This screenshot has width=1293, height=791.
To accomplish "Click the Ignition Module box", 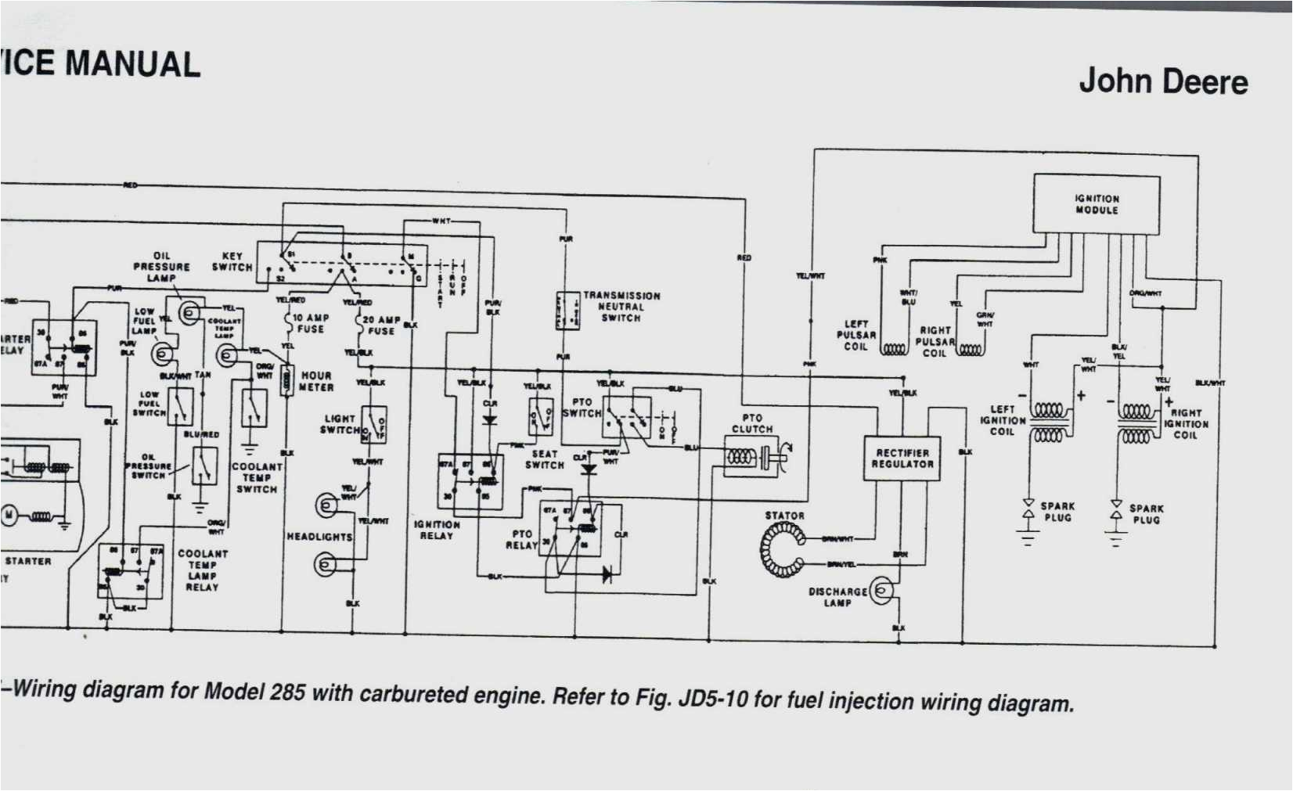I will point(1096,204).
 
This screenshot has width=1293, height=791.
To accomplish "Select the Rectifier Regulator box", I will point(902,458).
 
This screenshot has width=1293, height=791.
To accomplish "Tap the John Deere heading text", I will point(1163,81).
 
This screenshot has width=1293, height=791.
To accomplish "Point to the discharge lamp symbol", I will point(882,591).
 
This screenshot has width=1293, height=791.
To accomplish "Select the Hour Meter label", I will point(316,382).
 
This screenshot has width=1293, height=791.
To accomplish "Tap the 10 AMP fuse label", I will point(311,323).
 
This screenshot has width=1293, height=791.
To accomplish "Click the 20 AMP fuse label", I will point(381,325).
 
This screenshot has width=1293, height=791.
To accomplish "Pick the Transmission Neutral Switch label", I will point(621,307).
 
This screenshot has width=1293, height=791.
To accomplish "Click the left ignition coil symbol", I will point(1049,422).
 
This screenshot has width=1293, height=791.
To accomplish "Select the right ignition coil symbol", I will point(1136,423).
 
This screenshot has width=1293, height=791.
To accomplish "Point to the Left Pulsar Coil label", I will point(855,335).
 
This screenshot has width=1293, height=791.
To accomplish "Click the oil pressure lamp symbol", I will point(189,313).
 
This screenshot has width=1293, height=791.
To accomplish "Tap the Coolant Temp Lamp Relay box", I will point(131,572).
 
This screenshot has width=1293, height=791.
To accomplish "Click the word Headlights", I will point(319,537).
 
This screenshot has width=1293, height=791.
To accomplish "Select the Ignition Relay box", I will point(470,484).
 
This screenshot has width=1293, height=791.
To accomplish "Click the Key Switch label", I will point(232,261).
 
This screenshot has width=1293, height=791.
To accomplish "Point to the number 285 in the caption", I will point(287,692).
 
